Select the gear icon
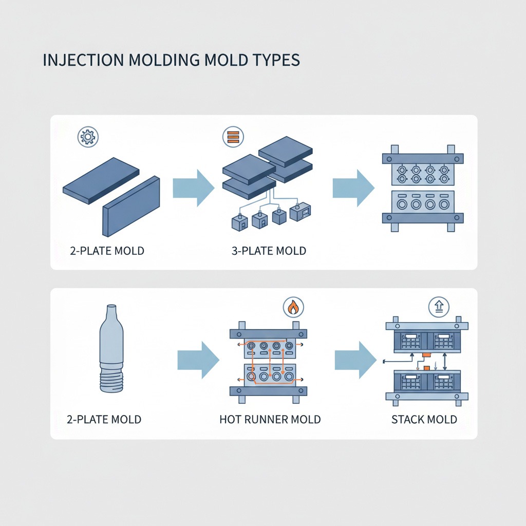point(87,137)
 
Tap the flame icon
point(293,308)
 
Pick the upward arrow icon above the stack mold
point(439,308)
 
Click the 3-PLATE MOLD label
point(269,251)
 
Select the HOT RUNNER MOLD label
point(270,419)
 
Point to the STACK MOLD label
point(424,419)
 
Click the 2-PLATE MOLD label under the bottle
point(104,419)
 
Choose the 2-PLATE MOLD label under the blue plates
point(107,251)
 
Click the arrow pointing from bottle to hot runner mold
point(198,360)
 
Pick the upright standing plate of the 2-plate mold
point(131,206)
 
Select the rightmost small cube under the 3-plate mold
point(300,212)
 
